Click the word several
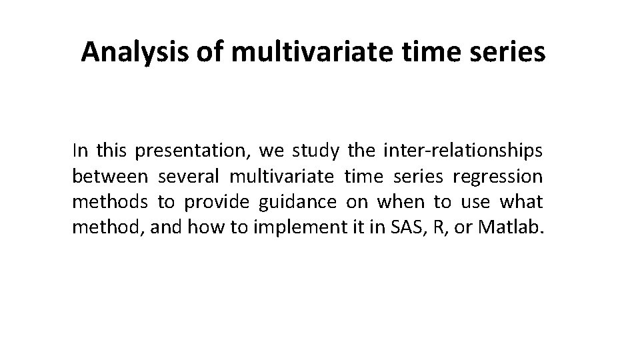[x=189, y=177]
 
